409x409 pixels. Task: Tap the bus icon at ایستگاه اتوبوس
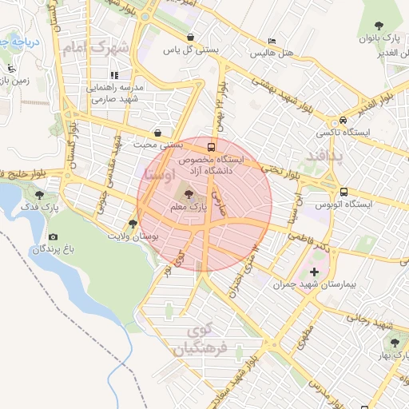pos(343,192)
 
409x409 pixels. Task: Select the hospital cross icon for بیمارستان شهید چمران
pos(314,272)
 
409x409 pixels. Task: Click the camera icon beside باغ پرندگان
pos(53,237)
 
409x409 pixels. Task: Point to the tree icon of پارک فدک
pos(40,194)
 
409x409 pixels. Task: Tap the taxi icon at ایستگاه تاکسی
pos(320,119)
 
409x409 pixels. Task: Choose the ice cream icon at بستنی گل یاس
pos(190,37)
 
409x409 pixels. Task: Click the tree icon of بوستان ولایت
pos(132,224)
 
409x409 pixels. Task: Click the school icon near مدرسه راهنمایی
pos(114,75)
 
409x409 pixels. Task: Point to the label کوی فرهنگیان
pos(205,340)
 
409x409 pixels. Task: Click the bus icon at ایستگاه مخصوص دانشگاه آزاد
pos(211,147)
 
